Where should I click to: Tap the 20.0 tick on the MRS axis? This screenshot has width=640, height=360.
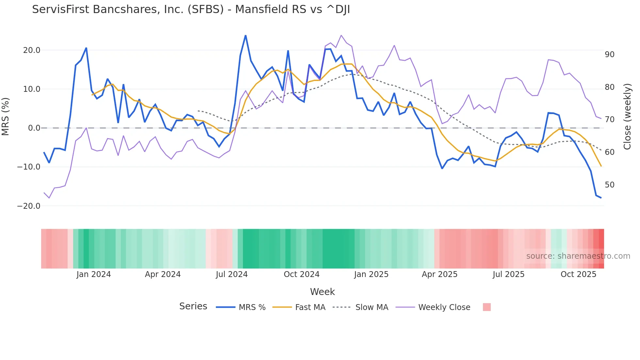(x=32, y=50)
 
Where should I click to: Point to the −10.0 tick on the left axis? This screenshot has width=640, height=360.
(x=29, y=167)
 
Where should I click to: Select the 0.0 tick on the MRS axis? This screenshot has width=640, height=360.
(x=34, y=128)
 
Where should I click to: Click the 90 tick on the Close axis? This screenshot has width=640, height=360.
(x=609, y=55)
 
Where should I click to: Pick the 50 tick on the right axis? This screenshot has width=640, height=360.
(x=609, y=185)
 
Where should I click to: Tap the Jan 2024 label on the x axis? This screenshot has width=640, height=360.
(x=94, y=274)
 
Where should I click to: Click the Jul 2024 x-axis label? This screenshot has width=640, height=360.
(x=232, y=274)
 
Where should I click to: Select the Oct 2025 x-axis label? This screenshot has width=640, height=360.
(x=578, y=274)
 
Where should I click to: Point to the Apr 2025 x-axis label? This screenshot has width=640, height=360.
(x=440, y=274)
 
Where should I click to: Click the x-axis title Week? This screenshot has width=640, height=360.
(x=322, y=292)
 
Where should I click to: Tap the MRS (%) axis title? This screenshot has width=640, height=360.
(x=6, y=117)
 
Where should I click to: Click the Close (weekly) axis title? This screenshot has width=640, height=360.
(x=627, y=117)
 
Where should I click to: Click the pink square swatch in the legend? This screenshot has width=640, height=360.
(x=487, y=307)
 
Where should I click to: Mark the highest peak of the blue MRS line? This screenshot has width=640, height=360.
(x=246, y=36)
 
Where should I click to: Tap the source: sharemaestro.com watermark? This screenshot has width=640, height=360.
(x=578, y=256)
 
